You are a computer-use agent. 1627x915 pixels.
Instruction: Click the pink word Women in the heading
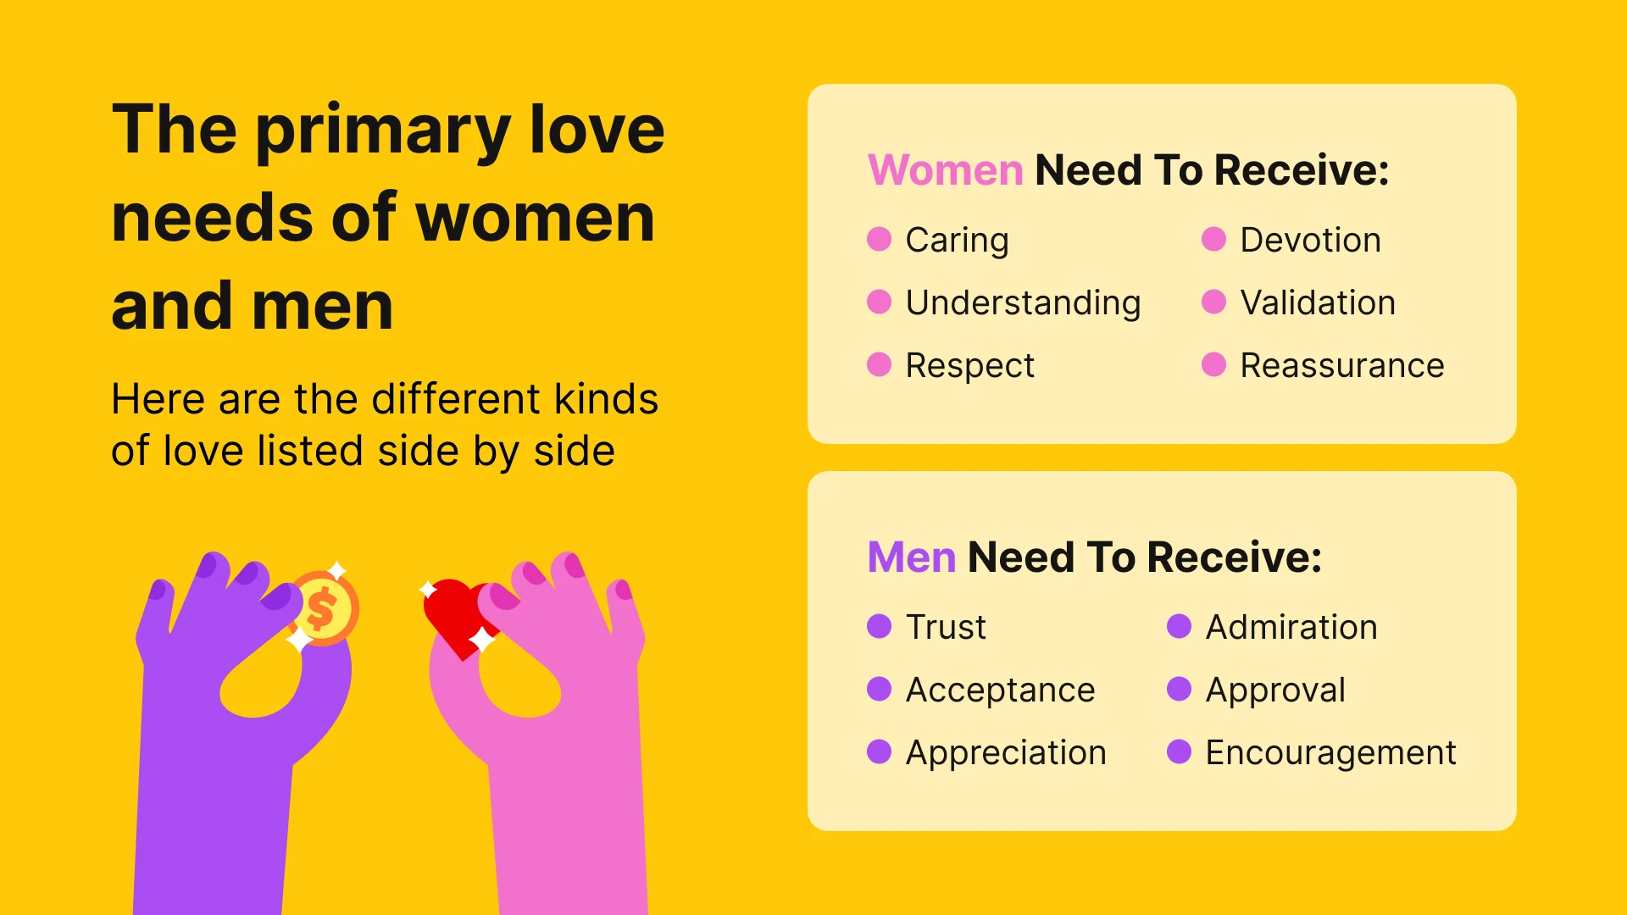click(945, 170)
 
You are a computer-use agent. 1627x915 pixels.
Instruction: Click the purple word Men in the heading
click(911, 557)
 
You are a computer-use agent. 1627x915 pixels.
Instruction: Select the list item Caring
click(957, 241)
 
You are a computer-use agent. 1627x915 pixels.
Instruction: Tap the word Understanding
click(1023, 303)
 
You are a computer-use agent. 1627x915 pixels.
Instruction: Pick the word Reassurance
click(1341, 366)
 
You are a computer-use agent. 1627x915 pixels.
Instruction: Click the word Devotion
click(1310, 241)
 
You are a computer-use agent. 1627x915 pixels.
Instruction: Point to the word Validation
click(1317, 303)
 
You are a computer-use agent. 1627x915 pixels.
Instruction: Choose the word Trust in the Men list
click(946, 628)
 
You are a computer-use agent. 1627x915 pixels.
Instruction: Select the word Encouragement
click(1330, 753)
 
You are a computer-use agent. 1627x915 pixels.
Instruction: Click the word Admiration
click(1291, 628)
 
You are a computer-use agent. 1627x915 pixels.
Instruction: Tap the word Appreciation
click(1006, 753)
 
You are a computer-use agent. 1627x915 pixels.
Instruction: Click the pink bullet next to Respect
click(879, 365)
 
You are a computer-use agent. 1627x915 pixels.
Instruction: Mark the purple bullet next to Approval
click(1179, 690)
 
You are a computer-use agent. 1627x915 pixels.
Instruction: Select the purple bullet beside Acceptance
click(879, 690)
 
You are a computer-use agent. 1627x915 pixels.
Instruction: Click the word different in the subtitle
click(456, 399)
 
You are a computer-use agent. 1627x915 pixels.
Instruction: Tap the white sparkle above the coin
click(337, 568)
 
